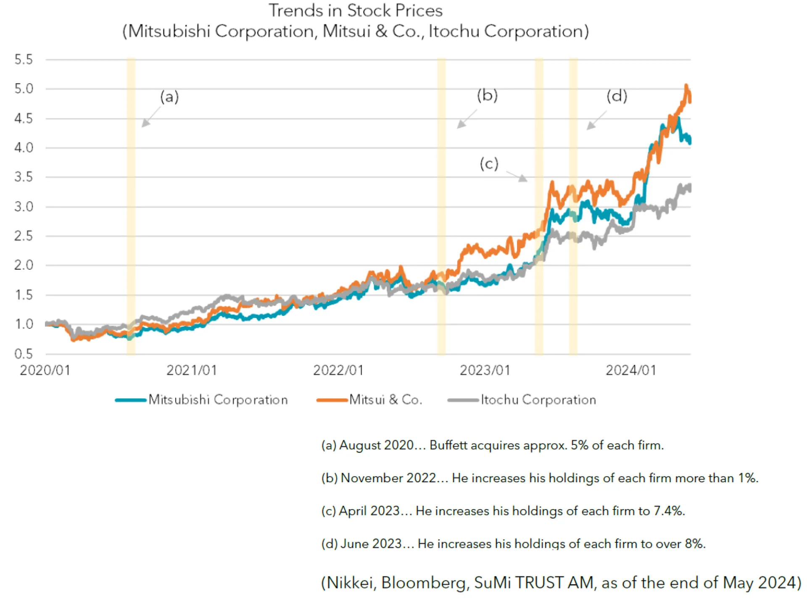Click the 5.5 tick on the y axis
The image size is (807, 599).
[23, 60]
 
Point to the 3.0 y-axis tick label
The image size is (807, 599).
[23, 207]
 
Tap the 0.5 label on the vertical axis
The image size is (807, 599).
[23, 354]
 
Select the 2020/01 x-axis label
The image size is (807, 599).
[45, 370]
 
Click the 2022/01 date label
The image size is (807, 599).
[338, 370]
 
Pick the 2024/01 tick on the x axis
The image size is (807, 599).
[630, 370]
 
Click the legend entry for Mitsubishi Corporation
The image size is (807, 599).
[218, 399]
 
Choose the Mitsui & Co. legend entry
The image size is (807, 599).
[385, 399]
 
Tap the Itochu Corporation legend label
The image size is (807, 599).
[538, 399]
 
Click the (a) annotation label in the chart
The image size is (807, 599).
[169, 97]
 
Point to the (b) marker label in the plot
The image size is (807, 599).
[487, 95]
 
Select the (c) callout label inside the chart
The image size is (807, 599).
[489, 163]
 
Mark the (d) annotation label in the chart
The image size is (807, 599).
[617, 96]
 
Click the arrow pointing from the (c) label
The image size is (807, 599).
[517, 176]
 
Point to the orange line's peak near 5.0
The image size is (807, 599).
[686, 86]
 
